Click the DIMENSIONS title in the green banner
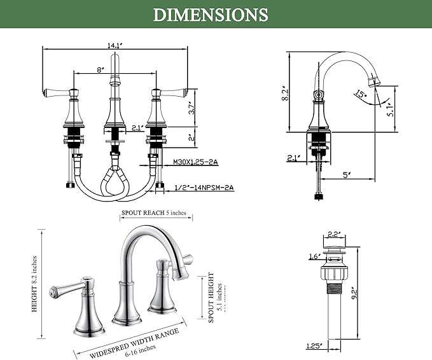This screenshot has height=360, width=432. point(211,15)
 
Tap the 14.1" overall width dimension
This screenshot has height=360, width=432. point(115,45)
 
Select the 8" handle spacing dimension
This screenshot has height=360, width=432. point(101,69)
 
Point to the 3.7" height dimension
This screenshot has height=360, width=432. point(192,107)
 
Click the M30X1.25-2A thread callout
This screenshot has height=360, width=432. point(195,162)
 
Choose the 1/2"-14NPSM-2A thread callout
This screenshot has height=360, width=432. point(204,188)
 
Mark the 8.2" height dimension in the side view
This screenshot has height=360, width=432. point(286,93)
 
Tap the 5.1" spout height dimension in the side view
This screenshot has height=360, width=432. point(391,109)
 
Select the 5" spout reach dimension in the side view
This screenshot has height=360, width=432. point(347,175)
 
